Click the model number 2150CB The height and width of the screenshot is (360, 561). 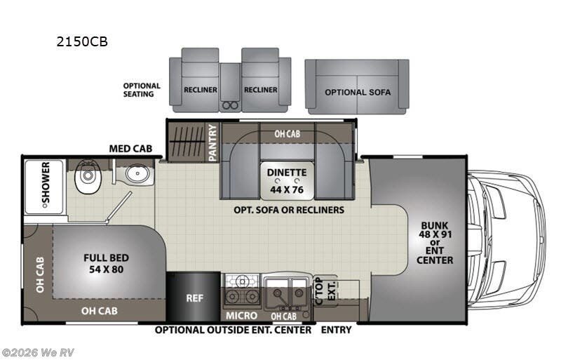tap(82, 41)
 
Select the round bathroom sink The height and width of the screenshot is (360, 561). tap(137, 175)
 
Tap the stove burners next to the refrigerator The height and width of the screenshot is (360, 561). tap(243, 289)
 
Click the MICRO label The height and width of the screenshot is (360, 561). tap(240, 314)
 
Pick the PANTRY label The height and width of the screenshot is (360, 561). tap(212, 142)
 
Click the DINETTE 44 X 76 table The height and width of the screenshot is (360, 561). tap(286, 179)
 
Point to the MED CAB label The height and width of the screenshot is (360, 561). tap(131, 148)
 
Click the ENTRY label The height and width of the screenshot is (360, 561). tap(336, 329)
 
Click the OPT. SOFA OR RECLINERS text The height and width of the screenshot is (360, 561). tap(290, 209)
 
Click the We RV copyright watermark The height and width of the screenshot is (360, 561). tap(38, 352)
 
